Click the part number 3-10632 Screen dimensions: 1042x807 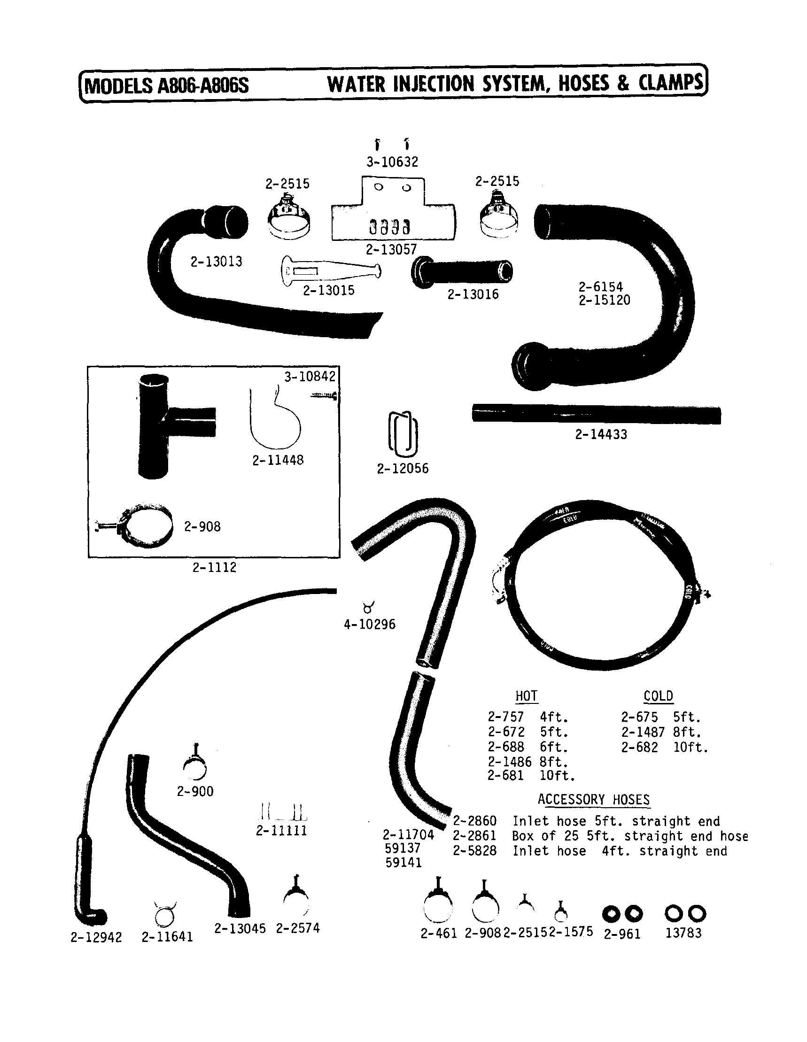click(x=392, y=162)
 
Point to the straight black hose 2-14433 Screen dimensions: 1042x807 click(x=596, y=414)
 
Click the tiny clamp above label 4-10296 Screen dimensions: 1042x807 click(x=368, y=607)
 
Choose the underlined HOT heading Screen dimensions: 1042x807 click(x=526, y=696)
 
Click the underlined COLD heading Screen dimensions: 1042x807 click(x=658, y=696)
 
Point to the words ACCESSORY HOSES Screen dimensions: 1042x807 click(x=593, y=800)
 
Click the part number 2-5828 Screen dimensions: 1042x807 click(x=474, y=851)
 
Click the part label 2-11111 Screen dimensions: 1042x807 click(x=281, y=831)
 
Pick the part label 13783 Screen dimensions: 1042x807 click(x=683, y=933)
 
